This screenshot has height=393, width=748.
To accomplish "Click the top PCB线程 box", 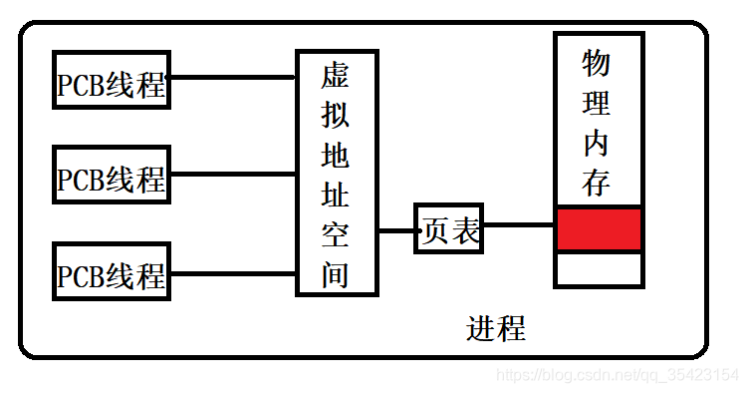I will (112, 81).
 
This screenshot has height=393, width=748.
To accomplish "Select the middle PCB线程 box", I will (112, 177).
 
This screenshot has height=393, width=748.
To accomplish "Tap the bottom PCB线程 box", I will (112, 271).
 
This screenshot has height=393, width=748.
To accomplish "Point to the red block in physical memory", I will (598, 229).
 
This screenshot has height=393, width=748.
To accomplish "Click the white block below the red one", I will (598, 269).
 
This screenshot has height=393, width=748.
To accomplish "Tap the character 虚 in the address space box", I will (336, 77).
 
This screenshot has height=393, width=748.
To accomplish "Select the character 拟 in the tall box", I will (336, 116).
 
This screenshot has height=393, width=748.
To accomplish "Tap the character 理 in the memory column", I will (597, 103).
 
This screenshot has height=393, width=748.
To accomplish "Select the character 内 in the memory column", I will (597, 143).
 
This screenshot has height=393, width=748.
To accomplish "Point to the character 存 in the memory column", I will (597, 183).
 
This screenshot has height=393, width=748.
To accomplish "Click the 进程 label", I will (495, 328).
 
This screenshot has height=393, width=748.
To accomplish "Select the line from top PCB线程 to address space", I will (233, 77).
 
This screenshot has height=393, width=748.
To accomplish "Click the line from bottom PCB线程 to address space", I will (233, 270).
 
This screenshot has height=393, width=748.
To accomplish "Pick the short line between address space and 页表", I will (395, 230).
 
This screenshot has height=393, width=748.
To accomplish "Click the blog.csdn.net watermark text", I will (617, 375).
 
